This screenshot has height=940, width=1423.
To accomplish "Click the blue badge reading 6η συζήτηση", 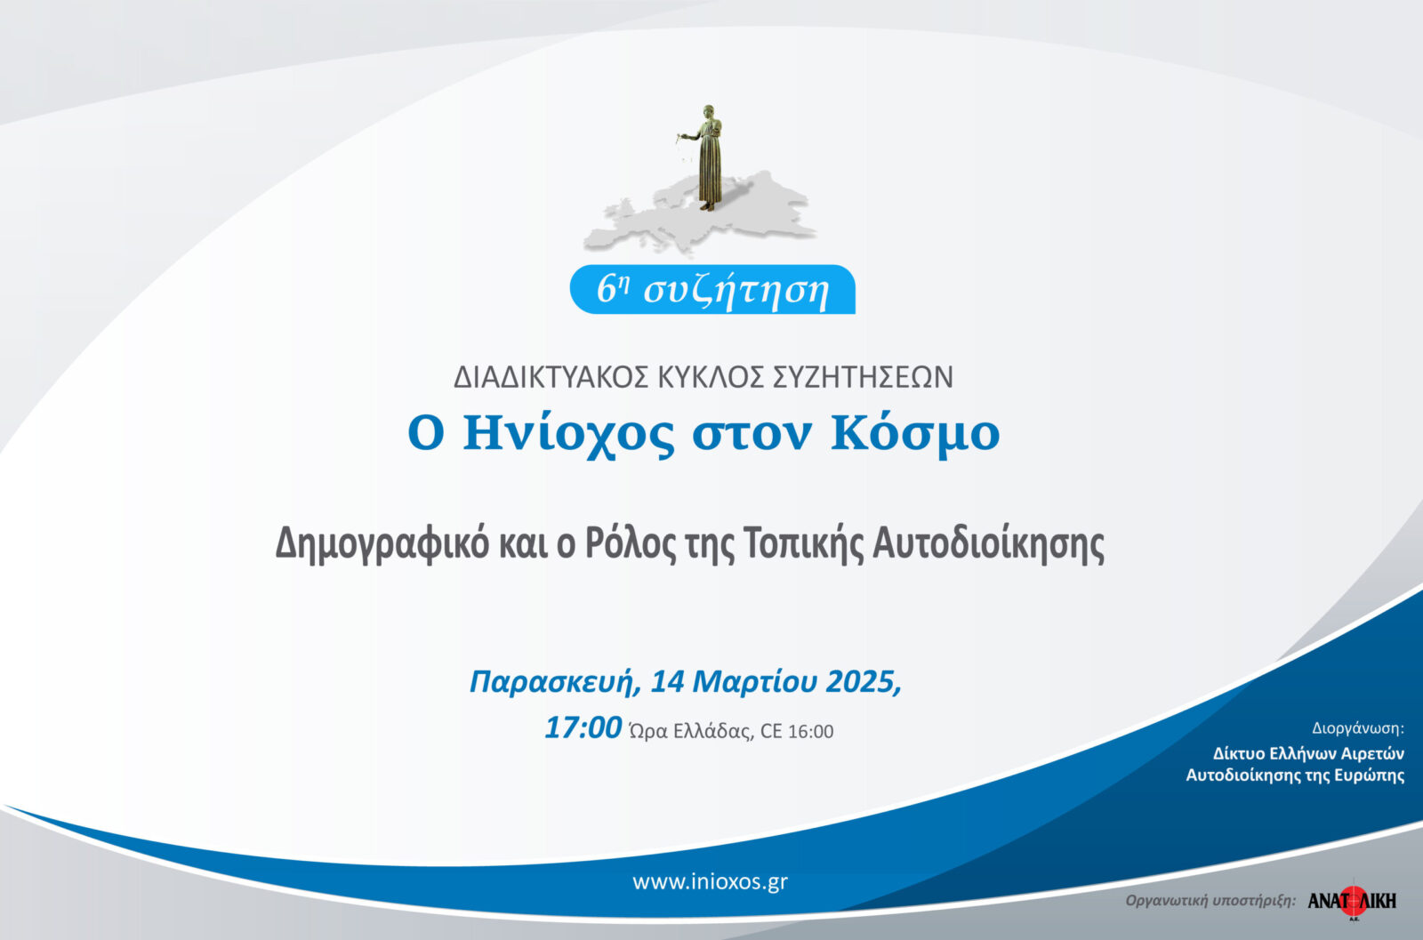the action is click(x=712, y=290).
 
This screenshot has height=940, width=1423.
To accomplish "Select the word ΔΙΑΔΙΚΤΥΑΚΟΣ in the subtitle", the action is click(x=551, y=377).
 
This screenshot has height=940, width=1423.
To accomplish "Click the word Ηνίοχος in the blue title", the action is click(x=568, y=433).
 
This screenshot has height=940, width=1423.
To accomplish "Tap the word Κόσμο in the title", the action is click(x=915, y=433).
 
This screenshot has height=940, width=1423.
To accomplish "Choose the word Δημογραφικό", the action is click(x=382, y=543).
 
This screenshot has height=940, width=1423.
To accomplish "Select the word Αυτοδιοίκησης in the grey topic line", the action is click(x=988, y=543).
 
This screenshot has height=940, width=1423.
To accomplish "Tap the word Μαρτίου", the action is click(x=755, y=681).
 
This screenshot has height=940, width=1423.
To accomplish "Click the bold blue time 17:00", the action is click(x=583, y=727).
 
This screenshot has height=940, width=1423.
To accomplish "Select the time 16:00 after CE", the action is click(x=810, y=732).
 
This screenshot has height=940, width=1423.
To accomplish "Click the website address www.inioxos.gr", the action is click(x=711, y=882).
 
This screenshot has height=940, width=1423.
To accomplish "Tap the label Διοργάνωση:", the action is click(x=1358, y=728).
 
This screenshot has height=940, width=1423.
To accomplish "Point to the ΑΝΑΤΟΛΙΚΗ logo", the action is click(x=1352, y=901).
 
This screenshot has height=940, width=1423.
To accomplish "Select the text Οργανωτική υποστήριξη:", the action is click(x=1210, y=901).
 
